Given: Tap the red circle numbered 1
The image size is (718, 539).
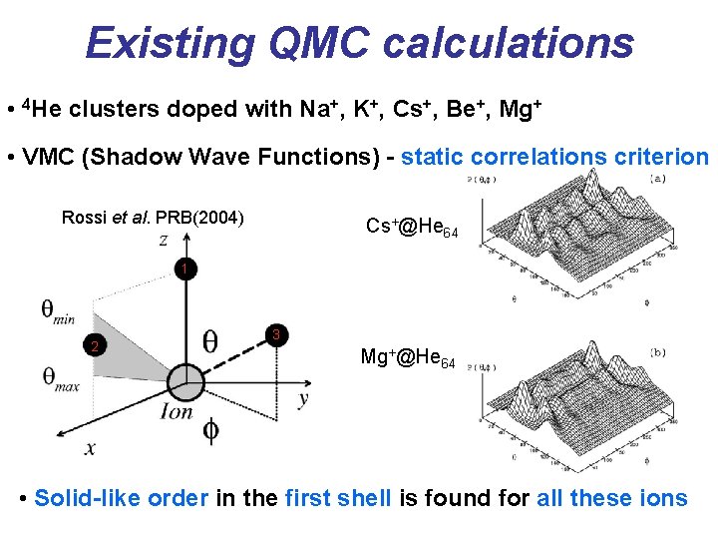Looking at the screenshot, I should (x=184, y=269).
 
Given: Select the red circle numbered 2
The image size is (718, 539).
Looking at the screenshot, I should (x=93, y=346).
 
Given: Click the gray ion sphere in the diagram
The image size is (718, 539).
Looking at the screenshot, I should (x=184, y=382).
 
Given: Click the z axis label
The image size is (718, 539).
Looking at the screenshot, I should (x=163, y=240).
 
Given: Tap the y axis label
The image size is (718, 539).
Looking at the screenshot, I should (x=303, y=398).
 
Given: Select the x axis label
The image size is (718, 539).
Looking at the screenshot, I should (x=90, y=448).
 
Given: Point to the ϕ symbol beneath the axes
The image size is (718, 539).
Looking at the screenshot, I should (x=210, y=431).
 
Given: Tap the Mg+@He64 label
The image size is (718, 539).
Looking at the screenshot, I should (x=408, y=357).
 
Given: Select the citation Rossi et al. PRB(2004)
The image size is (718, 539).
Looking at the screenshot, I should (x=154, y=217).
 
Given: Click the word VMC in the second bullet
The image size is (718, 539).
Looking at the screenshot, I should (x=53, y=157).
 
